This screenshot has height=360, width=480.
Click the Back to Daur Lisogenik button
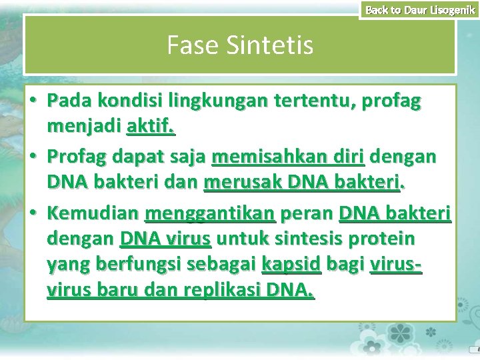[x=420, y=9]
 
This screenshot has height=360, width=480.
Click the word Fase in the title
[x=190, y=45]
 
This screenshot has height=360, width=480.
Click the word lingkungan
[x=215, y=101]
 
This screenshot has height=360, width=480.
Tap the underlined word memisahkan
[x=259, y=157]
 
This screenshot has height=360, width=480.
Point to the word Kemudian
[x=93, y=214]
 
